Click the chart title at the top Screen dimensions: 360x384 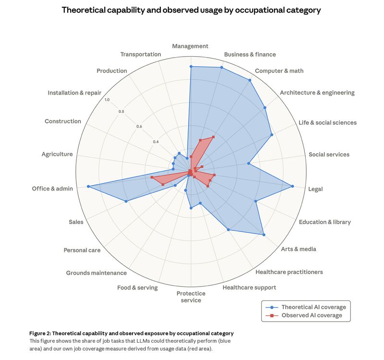click(x=192, y=10)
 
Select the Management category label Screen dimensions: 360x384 click(x=190, y=46)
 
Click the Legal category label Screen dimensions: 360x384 click(x=315, y=189)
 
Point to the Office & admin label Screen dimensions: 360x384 click(x=52, y=189)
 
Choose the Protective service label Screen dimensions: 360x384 click(x=191, y=297)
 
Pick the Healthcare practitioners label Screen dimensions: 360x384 click(x=289, y=272)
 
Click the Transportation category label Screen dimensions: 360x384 click(x=141, y=54)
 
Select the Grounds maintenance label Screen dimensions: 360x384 click(x=96, y=273)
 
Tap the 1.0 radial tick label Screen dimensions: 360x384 click(x=107, y=100)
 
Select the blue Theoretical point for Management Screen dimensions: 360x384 click(x=191, y=67)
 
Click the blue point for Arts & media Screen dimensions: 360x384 click(x=264, y=235)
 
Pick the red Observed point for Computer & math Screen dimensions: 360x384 click(x=213, y=137)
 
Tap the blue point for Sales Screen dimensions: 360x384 click(x=126, y=201)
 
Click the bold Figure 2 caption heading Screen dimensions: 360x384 click(x=131, y=333)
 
